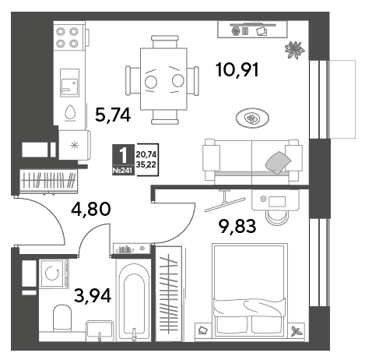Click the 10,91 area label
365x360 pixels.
click(x=237, y=70)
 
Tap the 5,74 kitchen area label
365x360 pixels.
click(x=113, y=115)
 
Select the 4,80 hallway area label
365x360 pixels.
click(x=91, y=210)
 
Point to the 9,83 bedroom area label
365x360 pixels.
click(x=237, y=226)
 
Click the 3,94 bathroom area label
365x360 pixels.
click(x=93, y=296)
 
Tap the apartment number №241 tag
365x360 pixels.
click(x=123, y=171)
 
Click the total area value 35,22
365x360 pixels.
click(x=146, y=164)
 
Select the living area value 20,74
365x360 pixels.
click(x=146, y=155)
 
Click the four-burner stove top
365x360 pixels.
click(x=68, y=37)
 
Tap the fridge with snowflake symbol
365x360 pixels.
click(x=75, y=145)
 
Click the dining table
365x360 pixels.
click(x=163, y=79)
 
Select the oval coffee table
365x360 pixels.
click(x=252, y=118)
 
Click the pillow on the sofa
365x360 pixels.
click(x=278, y=163)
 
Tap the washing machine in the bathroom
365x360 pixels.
click(x=54, y=273)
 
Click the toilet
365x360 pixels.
click(x=62, y=318)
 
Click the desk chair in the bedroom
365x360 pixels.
click(x=278, y=217)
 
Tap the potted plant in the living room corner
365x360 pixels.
click(x=294, y=50)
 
